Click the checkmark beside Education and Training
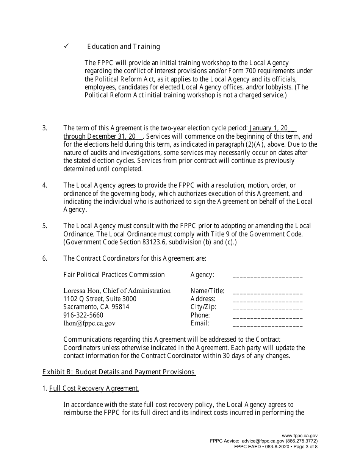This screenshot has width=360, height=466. point(66,46)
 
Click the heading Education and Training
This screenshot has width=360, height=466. point(124,47)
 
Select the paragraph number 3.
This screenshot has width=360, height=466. point(45,128)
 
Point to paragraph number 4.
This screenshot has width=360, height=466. point(45,185)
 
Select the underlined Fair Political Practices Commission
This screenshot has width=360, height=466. point(114,275)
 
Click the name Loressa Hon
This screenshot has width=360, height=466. point(81,291)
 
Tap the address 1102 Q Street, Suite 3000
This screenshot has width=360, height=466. point(100,299)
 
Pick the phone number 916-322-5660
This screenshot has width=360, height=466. point(83,315)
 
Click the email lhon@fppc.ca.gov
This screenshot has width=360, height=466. point(89,323)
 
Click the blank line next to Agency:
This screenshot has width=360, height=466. point(268,276)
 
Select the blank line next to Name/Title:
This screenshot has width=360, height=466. point(268,292)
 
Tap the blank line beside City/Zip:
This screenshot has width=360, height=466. point(268,308)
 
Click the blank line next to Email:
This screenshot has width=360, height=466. point(268,325)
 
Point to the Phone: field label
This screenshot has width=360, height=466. point(200,315)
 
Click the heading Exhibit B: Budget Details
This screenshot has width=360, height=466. point(119,372)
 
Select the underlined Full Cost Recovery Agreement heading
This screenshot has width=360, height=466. point(94,388)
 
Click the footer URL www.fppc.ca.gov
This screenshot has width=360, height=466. point(300,436)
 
